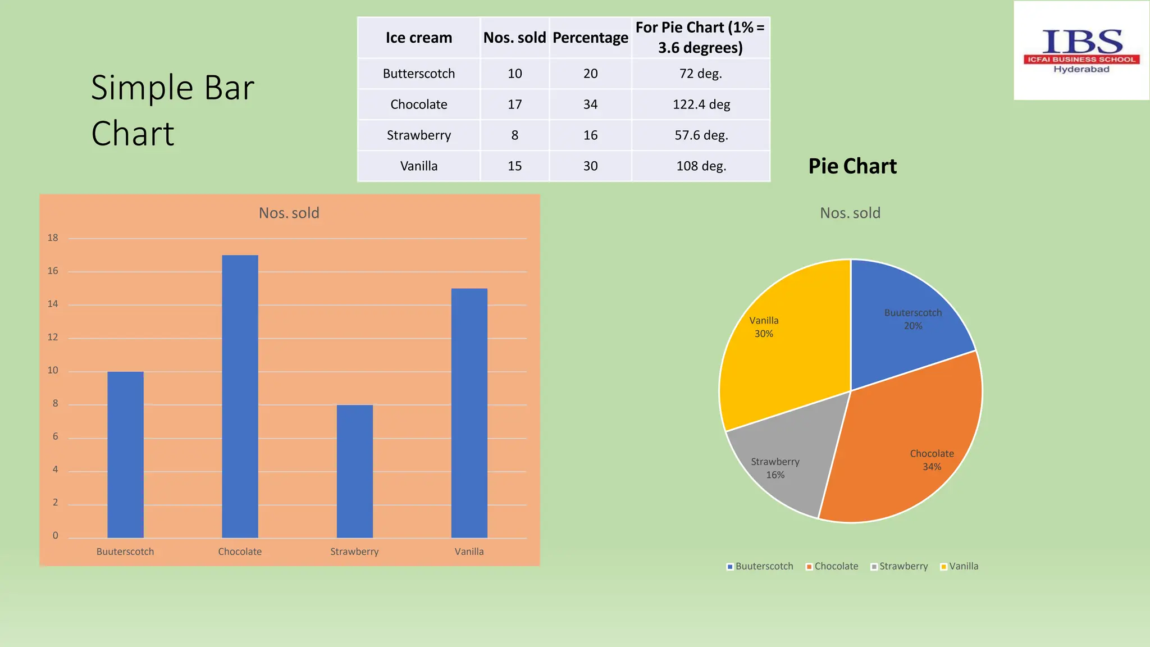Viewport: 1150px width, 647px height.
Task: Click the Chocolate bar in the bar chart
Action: point(240,396)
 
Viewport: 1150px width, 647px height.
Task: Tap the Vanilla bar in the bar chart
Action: point(469,413)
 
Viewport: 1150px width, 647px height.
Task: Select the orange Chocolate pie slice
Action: point(904,444)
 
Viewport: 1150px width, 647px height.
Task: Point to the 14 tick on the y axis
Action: point(53,304)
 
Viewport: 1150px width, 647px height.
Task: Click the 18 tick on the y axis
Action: point(53,238)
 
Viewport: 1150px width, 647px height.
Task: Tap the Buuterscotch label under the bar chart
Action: point(125,552)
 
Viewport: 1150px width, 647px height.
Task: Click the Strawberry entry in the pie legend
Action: point(900,566)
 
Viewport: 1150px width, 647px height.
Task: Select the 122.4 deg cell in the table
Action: point(701,104)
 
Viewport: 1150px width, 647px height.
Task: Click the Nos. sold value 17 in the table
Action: point(514,104)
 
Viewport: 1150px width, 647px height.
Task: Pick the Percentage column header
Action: point(590,38)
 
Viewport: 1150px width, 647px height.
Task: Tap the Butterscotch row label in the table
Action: point(419,74)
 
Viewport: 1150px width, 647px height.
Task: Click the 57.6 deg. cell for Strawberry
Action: point(701,135)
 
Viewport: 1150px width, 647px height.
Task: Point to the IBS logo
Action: point(1081,51)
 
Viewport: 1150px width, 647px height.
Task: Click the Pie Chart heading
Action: point(852,166)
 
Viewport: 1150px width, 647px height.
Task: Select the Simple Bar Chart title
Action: point(172,110)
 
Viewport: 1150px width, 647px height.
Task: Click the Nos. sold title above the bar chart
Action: point(289,213)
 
